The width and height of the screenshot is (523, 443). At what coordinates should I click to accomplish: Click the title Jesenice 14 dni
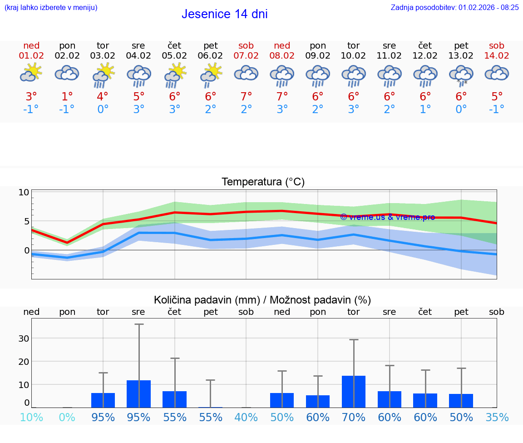224,14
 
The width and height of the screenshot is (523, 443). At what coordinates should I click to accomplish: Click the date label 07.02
246,56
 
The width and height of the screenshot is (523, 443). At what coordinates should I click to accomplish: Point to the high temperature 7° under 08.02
282,96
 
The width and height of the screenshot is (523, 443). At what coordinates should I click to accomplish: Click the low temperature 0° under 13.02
461,110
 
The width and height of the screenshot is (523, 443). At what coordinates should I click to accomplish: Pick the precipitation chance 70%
354,417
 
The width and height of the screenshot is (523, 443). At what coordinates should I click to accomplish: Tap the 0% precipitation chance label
67,417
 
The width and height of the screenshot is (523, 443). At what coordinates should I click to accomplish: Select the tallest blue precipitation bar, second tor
354,391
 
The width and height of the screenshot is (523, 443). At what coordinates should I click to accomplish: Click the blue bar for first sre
138,393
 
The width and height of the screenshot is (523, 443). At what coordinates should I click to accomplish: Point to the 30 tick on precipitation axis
24,338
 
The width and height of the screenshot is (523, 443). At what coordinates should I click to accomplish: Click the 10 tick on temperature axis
24,192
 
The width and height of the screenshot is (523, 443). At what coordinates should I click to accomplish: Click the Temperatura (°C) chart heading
263,182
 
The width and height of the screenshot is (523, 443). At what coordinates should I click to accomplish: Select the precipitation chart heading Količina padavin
262,300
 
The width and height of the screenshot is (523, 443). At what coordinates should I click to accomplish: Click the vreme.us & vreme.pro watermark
387,217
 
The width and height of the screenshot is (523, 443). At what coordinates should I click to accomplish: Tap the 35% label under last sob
497,417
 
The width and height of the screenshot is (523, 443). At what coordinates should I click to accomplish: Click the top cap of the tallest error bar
138,324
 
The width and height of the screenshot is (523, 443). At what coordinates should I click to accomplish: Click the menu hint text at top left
51,7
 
